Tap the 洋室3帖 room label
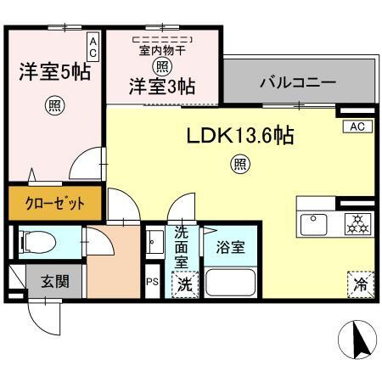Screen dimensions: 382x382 click(162, 86)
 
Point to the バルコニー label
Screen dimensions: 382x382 click(297, 84)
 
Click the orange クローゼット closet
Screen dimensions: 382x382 click(53, 204)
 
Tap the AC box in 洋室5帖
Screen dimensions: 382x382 click(93, 48)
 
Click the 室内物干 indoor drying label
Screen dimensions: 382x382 click(161, 50)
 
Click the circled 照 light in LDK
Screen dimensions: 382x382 click(240, 164)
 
